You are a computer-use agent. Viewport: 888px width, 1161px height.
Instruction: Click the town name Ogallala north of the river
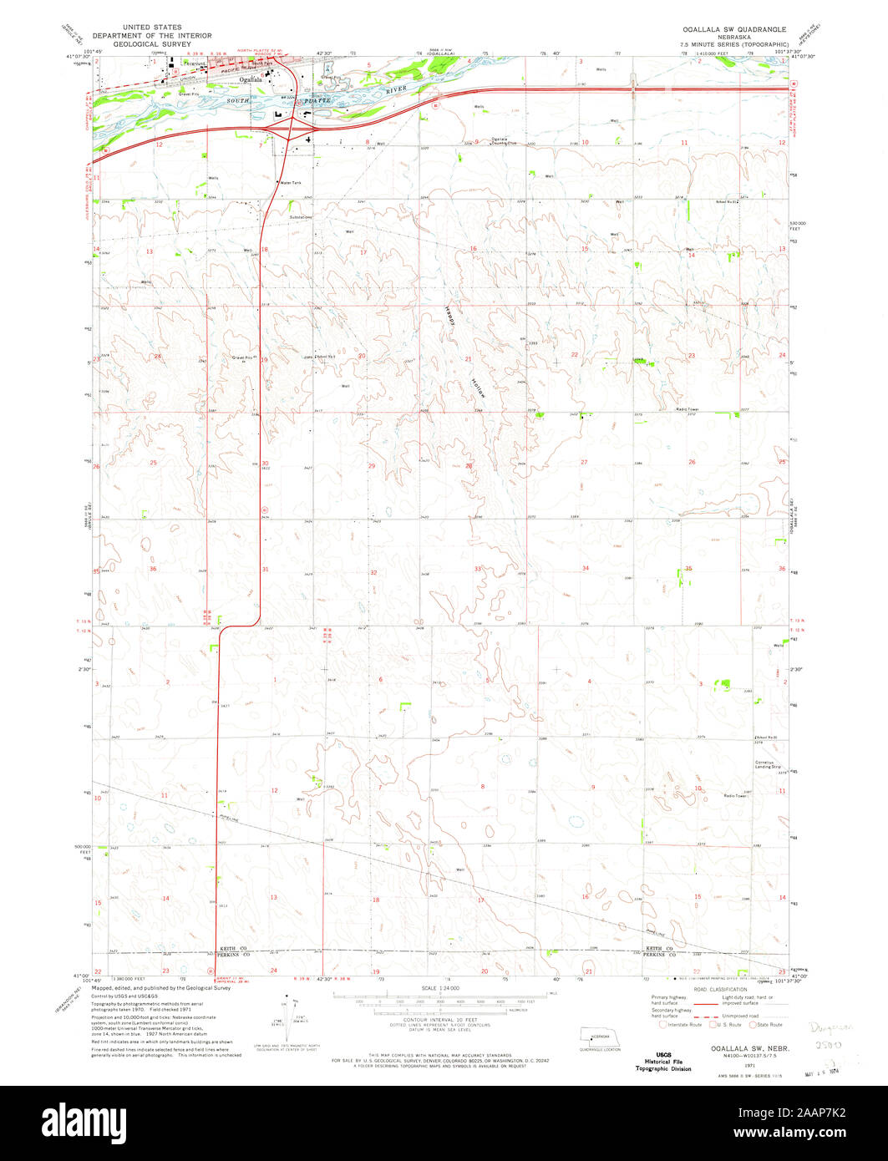[x=250, y=79]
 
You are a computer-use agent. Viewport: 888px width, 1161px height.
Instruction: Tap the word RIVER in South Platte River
[x=396, y=88]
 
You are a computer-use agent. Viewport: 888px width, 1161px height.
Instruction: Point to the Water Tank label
[x=290, y=182]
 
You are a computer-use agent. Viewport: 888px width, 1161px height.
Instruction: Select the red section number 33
[x=478, y=569]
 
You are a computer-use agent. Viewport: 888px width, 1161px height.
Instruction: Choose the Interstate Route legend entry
[x=681, y=1024]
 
